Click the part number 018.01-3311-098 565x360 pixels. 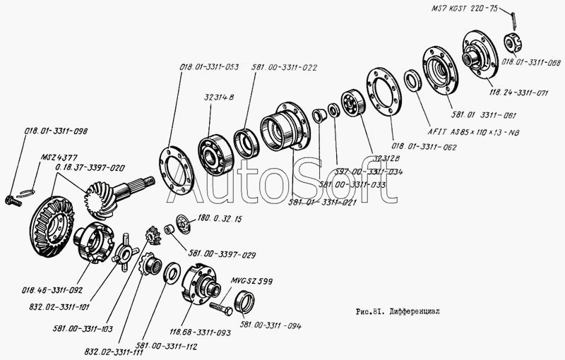click(56, 131)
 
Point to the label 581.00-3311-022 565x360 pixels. click(284, 68)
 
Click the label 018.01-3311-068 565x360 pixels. click(531, 63)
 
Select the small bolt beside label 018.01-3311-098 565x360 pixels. click(11, 200)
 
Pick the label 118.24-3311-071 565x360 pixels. click(518, 92)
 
